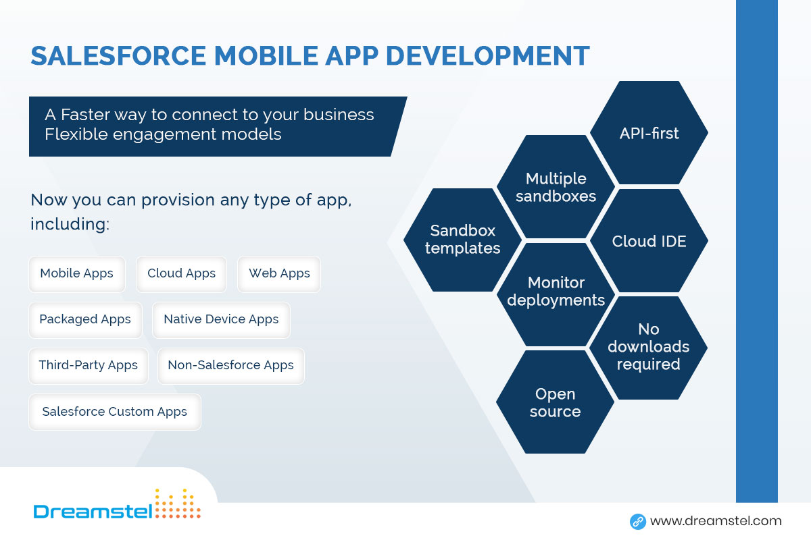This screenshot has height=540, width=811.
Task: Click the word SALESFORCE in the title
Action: tap(118, 56)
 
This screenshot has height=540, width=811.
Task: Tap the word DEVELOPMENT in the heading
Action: tap(488, 56)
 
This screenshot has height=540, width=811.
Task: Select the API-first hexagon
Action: tap(649, 133)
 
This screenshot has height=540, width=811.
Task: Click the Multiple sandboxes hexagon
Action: tap(556, 186)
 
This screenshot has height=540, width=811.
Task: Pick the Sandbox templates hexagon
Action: tap(463, 240)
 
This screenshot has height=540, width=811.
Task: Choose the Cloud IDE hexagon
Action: tap(649, 240)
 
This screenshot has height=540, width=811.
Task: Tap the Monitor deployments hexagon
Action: tap(556, 294)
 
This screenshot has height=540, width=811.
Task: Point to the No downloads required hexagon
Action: tap(648, 348)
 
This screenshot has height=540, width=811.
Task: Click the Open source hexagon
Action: tap(555, 402)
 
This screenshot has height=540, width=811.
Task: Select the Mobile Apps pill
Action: tap(77, 274)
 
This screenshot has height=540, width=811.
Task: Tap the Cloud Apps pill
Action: tap(181, 274)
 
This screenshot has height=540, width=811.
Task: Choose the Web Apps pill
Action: tap(279, 274)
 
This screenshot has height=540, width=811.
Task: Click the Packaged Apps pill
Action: tap(85, 320)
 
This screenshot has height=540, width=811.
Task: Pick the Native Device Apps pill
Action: tap(221, 320)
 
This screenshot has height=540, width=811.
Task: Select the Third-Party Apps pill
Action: tap(89, 366)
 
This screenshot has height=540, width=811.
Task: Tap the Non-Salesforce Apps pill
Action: tap(231, 366)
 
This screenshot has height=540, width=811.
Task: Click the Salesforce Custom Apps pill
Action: tap(115, 412)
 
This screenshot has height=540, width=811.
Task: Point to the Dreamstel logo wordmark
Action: tap(93, 512)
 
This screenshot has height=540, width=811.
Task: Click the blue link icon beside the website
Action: tap(638, 522)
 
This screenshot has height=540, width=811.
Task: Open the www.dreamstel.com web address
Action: tap(716, 521)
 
